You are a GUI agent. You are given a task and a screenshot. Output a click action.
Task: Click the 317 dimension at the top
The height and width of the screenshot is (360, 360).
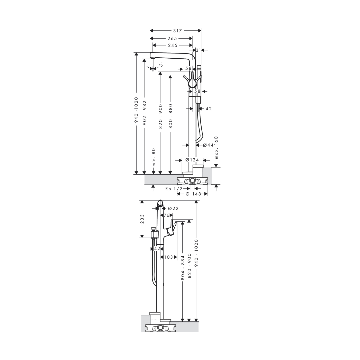177,31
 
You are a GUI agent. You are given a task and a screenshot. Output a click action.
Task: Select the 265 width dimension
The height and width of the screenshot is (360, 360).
172,39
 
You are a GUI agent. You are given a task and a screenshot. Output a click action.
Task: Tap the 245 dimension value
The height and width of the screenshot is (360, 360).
173,46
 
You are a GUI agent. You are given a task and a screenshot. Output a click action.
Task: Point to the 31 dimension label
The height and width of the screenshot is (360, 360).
198,50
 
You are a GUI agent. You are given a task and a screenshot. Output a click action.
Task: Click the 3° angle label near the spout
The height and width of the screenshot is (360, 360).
161,64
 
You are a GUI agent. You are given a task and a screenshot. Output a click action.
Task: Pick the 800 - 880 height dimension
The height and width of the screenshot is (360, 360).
170,116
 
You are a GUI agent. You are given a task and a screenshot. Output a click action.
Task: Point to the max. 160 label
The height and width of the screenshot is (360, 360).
216,148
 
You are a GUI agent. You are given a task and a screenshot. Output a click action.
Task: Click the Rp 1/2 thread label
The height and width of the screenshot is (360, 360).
174,189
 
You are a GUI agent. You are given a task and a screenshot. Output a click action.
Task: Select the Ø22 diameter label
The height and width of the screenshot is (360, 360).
173,208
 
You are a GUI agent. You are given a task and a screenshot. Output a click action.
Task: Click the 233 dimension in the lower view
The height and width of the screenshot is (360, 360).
142,219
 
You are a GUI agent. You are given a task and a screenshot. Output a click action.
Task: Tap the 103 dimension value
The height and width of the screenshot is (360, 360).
168,257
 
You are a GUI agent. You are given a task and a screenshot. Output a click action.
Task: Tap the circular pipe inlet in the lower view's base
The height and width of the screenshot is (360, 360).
161,328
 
